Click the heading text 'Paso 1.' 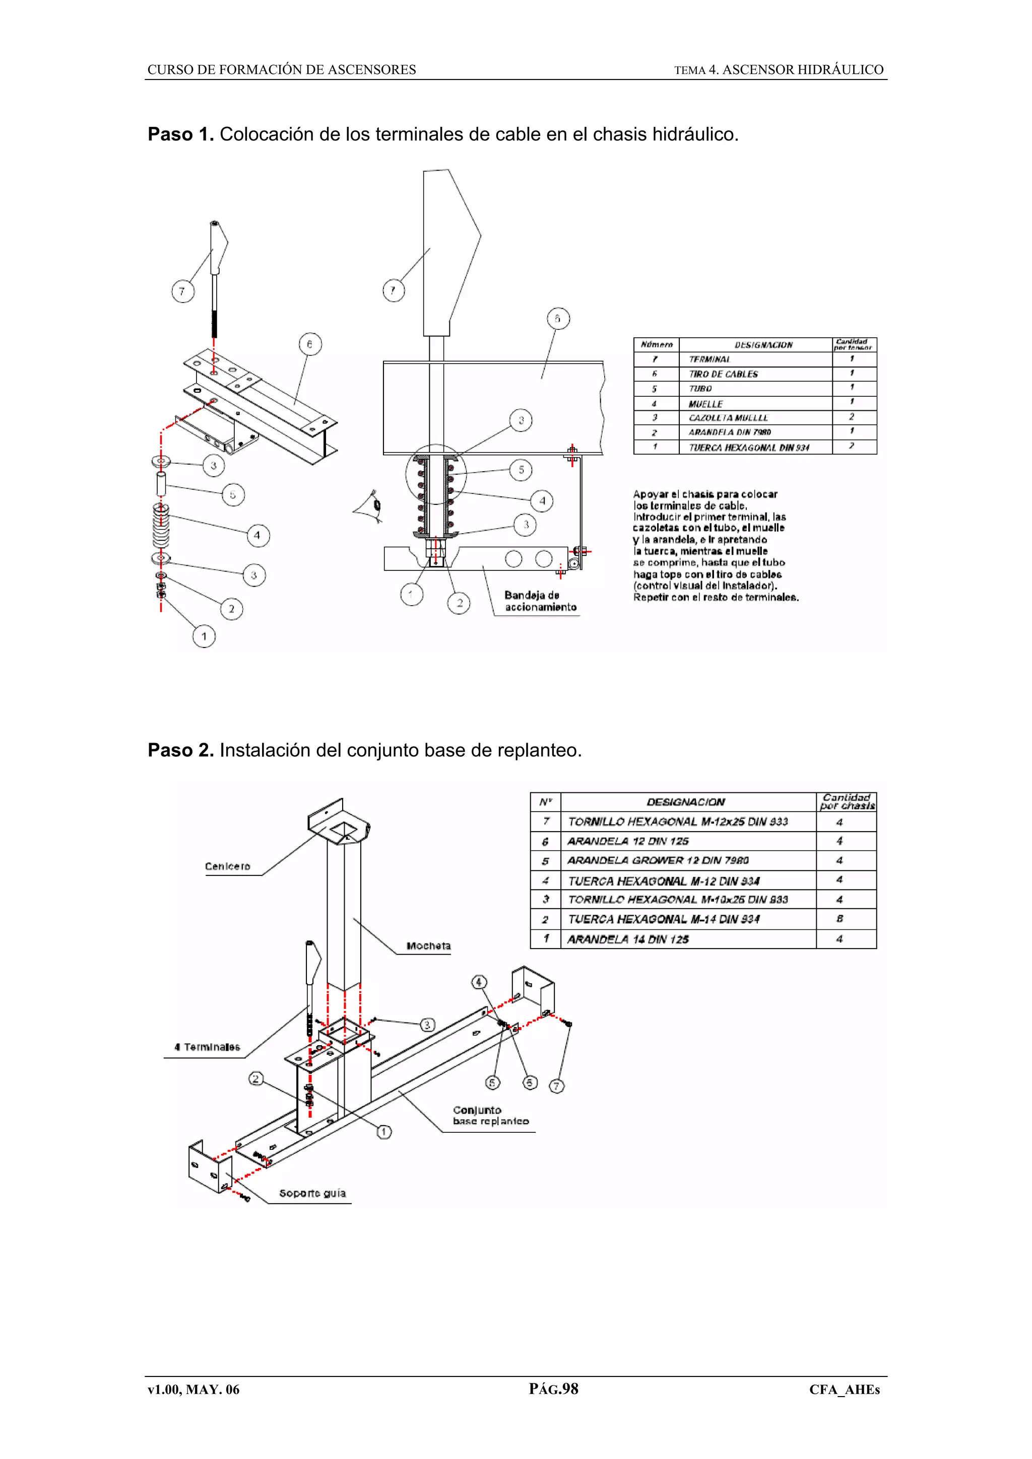click(x=180, y=135)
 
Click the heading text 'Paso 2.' click(x=180, y=751)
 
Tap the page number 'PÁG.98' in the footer click(x=553, y=1389)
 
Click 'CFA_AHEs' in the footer click(x=844, y=1390)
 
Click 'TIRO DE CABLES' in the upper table click(x=723, y=374)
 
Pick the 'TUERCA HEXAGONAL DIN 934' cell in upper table click(x=748, y=448)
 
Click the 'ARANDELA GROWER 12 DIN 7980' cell click(x=658, y=860)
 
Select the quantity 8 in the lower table click(x=840, y=919)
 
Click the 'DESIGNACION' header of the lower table click(x=685, y=802)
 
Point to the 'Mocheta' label click(x=428, y=946)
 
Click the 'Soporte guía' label click(x=312, y=1193)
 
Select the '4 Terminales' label click(x=207, y=1047)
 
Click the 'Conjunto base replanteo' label click(x=490, y=1116)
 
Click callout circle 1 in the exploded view click(x=204, y=636)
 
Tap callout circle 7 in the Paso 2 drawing click(x=556, y=1086)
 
